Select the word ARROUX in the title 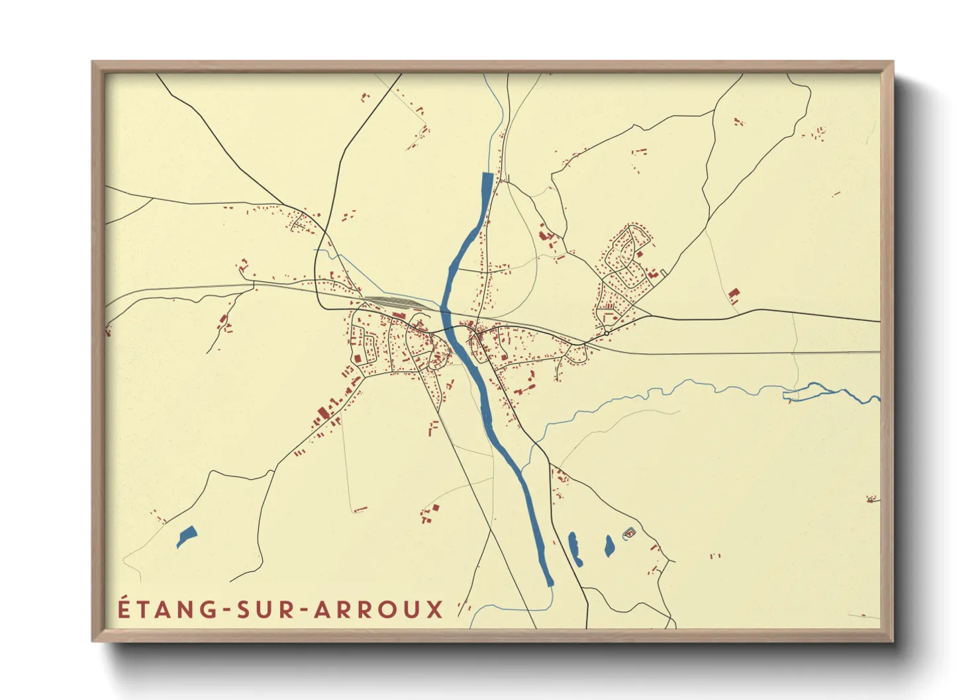pos(378,609)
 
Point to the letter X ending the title pos(434,609)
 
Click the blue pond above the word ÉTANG pos(186,535)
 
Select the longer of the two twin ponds pos(574,548)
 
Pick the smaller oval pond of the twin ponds pos(609,546)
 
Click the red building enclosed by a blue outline pos(629,532)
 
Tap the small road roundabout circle pos(606,333)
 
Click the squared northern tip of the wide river pos(487,175)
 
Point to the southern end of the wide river pos(549,582)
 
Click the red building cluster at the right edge pos(871,499)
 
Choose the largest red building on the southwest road pos(323,414)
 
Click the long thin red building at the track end pos(360,509)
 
